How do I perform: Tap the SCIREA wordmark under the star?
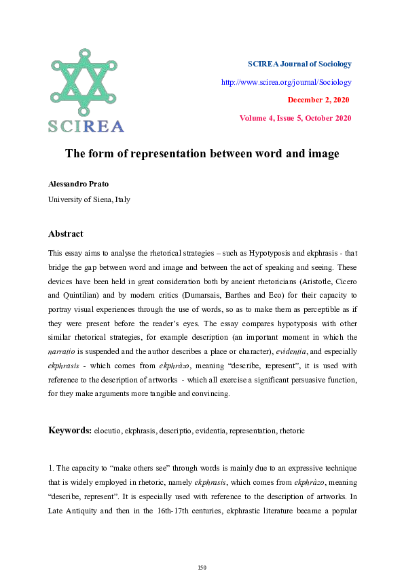click(86, 126)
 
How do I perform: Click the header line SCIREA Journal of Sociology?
click(299, 64)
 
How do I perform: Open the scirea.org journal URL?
click(286, 82)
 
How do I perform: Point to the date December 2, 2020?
click(319, 100)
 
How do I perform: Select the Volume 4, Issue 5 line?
click(295, 118)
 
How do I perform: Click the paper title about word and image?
click(202, 154)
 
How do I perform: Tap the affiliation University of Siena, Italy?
click(89, 199)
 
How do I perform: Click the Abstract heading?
click(66, 234)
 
